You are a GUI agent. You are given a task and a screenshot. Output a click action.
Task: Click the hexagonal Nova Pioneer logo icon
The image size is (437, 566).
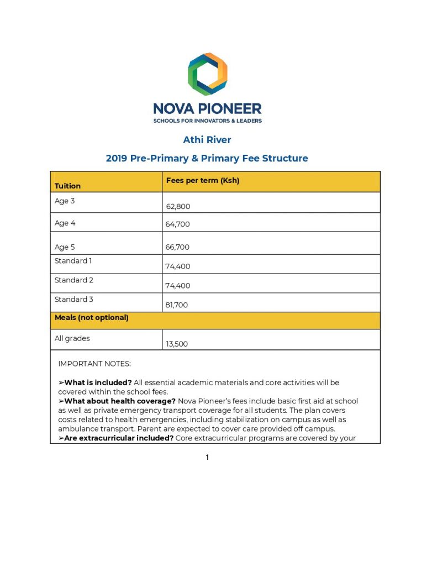(207, 74)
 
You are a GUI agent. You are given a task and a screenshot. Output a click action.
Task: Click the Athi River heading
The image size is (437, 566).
(207, 140)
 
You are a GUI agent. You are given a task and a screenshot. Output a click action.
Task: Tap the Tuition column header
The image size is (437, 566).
(67, 186)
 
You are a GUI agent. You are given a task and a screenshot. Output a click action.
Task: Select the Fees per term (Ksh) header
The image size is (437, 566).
(202, 181)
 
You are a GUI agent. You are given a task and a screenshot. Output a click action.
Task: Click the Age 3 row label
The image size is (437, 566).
(65, 201)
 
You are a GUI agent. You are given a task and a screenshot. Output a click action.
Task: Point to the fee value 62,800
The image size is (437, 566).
(178, 207)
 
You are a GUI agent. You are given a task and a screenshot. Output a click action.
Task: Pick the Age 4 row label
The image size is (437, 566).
(65, 223)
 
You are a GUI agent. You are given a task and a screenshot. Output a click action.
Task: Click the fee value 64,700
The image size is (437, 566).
(177, 225)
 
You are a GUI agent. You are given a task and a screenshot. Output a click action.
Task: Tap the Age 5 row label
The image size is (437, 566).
(65, 247)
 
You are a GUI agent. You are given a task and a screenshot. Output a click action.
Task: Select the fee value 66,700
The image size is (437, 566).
(177, 247)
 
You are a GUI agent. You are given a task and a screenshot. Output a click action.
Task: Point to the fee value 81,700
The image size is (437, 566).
(177, 305)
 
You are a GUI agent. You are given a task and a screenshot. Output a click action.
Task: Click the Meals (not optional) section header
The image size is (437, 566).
(91, 318)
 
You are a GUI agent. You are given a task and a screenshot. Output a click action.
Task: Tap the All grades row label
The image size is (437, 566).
(72, 338)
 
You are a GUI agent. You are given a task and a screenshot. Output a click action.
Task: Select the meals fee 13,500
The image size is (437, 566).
(177, 344)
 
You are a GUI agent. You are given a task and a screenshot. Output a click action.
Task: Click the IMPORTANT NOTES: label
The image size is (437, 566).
(94, 364)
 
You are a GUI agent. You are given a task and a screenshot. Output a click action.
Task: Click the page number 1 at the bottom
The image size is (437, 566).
(207, 457)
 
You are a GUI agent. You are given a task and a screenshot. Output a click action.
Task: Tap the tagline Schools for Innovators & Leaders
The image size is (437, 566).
(207, 120)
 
